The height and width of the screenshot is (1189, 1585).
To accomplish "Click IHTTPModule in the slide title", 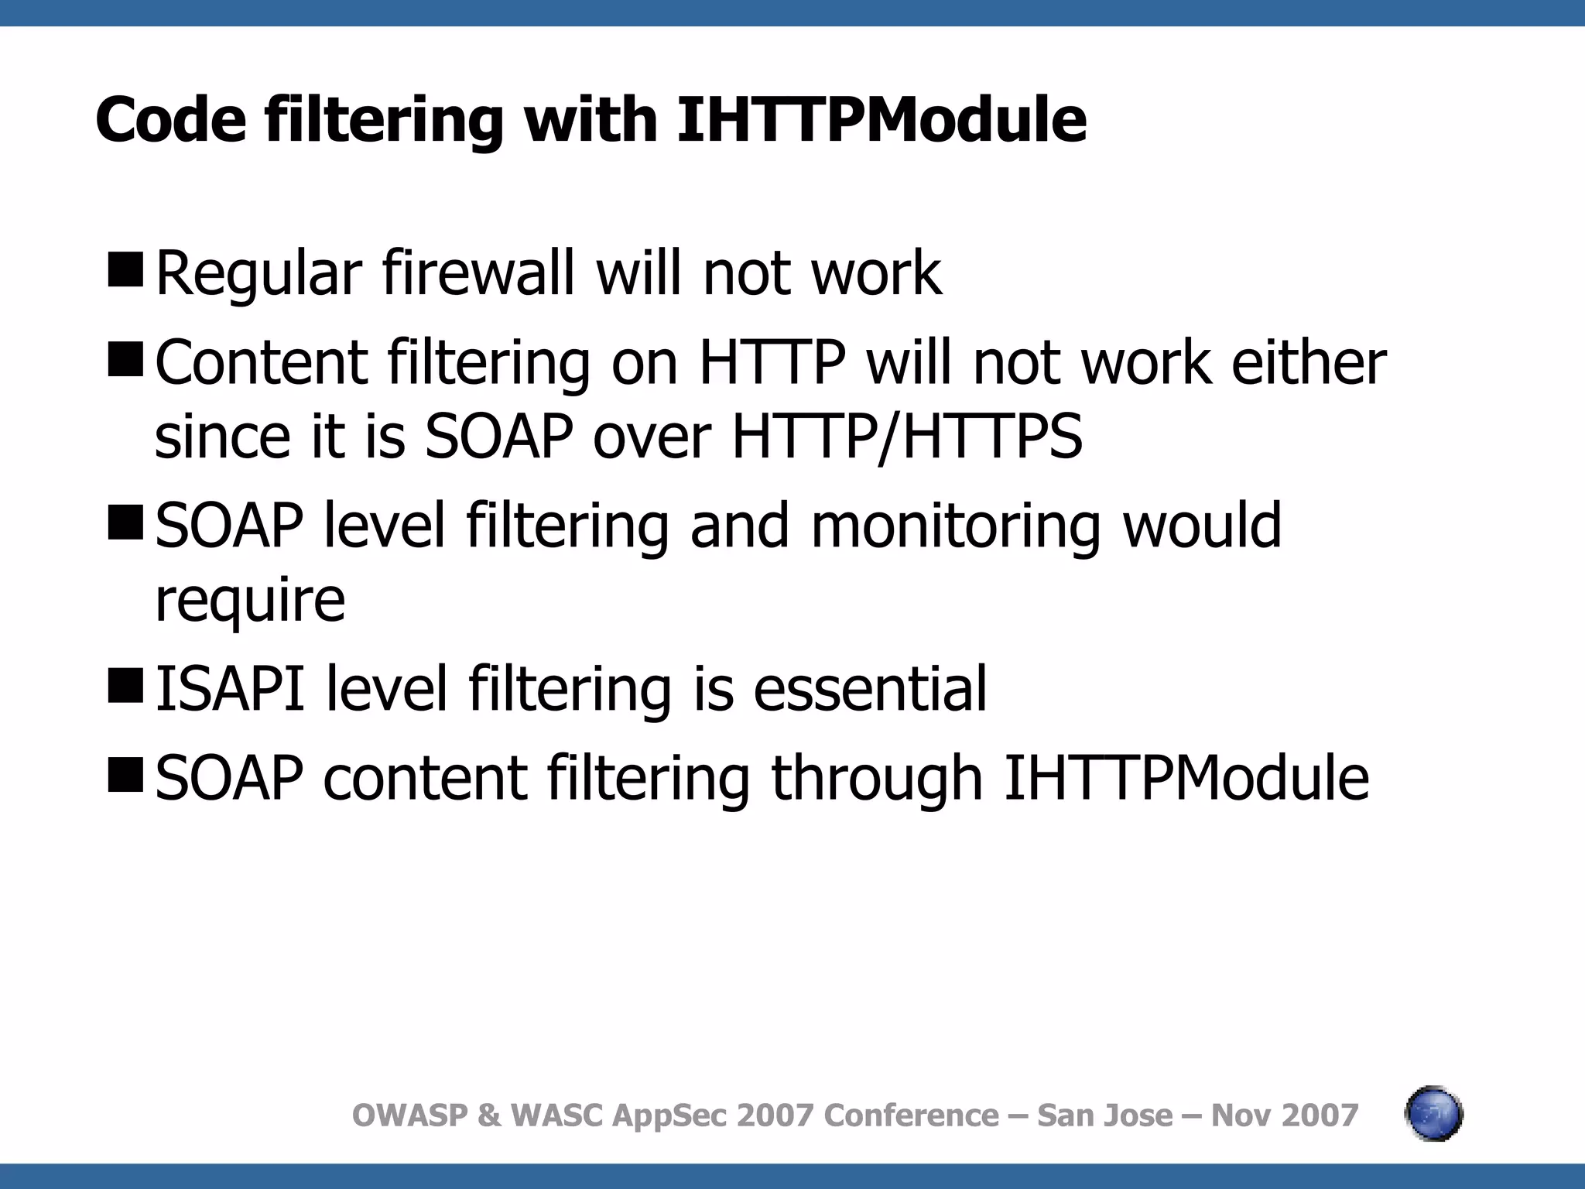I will point(881,120).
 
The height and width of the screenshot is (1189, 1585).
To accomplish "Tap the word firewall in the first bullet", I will point(478,273).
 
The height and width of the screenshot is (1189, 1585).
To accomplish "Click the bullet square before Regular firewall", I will point(125,269).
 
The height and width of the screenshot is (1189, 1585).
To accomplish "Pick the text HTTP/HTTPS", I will point(907,437).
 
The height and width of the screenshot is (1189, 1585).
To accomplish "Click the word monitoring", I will point(955,526).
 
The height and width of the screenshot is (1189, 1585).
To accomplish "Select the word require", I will point(250,601).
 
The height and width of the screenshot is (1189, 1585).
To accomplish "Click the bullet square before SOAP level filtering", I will point(125,522).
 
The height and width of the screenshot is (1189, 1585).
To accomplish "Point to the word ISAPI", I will point(230,688).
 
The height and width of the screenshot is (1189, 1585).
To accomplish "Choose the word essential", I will point(870,688).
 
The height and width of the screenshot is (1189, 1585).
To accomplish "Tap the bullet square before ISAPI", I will point(125,685).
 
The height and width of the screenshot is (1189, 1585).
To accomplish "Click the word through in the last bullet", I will point(877,778).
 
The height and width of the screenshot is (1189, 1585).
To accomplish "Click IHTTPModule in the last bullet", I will point(1186,778).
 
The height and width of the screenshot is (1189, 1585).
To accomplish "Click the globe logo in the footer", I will point(1433,1115).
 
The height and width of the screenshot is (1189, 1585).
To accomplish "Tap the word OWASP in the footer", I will point(410,1115).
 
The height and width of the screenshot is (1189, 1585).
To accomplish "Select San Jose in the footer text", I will point(1104,1115).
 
